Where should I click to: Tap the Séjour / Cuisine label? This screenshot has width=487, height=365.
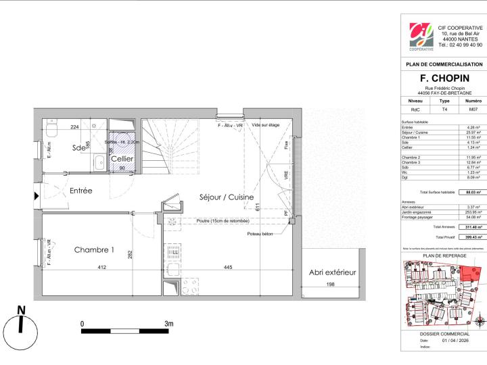227,197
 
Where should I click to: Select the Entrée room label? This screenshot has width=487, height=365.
80,191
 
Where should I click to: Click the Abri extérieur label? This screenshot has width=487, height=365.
332,272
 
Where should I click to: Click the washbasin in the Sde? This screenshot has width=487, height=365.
97,161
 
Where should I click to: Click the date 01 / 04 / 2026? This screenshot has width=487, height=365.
454,340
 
